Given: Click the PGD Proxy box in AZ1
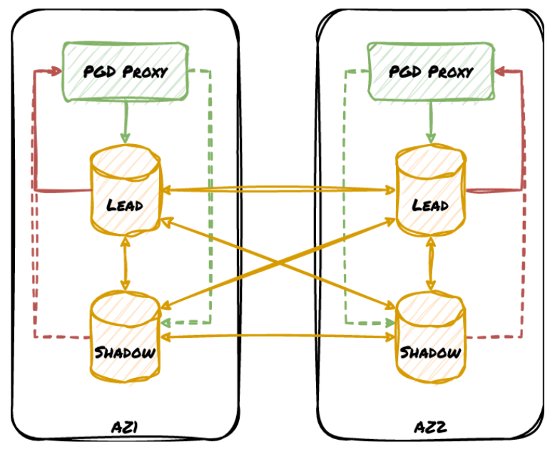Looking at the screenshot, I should coord(126,71).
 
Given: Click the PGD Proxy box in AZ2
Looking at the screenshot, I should coord(430,71).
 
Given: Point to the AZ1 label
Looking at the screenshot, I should coord(126,428).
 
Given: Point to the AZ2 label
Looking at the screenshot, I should coord(430,428).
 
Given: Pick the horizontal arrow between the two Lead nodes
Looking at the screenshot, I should coord(278,190).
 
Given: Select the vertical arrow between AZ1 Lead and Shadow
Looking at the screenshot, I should coord(126,262).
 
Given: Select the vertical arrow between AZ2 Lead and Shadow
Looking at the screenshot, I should coord(430,262).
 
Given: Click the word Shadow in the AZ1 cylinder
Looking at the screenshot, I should coord(126,352).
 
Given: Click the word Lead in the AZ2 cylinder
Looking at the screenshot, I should coord(430,205).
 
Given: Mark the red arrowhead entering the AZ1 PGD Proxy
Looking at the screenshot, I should coord(57,72).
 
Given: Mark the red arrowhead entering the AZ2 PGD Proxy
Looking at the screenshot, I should coord(499,71).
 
